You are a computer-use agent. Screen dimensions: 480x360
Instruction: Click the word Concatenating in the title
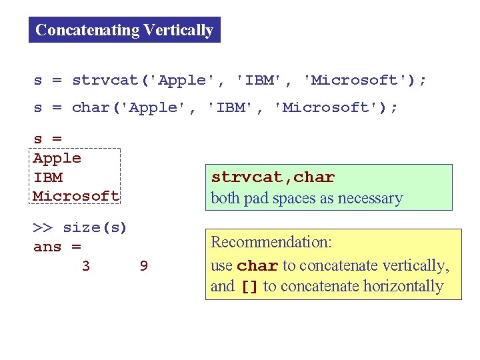(x=87, y=30)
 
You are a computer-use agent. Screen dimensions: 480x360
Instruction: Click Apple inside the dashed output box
(x=57, y=159)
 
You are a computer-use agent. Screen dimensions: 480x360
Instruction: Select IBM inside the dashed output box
(x=48, y=177)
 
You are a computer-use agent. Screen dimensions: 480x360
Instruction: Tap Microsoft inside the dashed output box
(x=76, y=196)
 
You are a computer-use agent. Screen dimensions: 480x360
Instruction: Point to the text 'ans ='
(x=57, y=247)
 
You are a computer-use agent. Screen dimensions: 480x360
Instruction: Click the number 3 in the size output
(x=86, y=267)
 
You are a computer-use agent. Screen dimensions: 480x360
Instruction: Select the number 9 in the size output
(x=144, y=267)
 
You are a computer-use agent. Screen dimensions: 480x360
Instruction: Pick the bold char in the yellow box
(x=258, y=266)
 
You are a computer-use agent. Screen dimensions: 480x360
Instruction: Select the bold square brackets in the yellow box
(x=249, y=287)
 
